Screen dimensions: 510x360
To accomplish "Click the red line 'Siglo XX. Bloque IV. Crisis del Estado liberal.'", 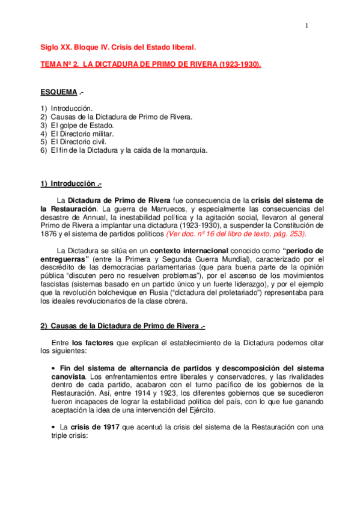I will pos(118,46).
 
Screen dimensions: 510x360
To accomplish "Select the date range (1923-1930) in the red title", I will pos(239,64).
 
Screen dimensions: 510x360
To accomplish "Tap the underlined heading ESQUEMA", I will pos(58,92).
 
